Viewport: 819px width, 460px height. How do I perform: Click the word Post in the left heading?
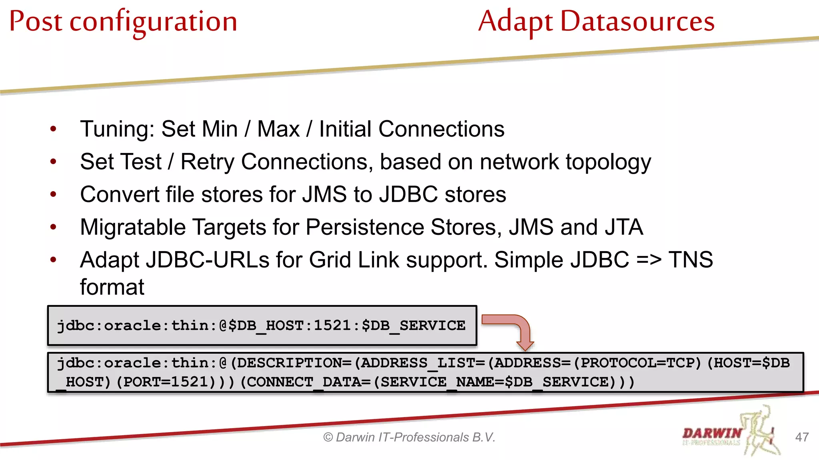(36, 22)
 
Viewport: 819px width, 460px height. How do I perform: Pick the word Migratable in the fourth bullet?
(133, 228)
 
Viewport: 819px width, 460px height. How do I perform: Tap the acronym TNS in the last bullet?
(691, 260)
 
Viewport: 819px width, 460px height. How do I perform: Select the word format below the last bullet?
(112, 287)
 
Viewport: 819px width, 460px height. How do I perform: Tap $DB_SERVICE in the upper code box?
(413, 326)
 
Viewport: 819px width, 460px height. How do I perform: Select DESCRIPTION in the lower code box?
(288, 363)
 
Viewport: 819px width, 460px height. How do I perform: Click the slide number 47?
(802, 437)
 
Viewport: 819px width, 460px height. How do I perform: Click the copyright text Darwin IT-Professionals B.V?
(409, 438)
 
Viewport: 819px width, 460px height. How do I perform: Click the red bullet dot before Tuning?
(53, 129)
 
